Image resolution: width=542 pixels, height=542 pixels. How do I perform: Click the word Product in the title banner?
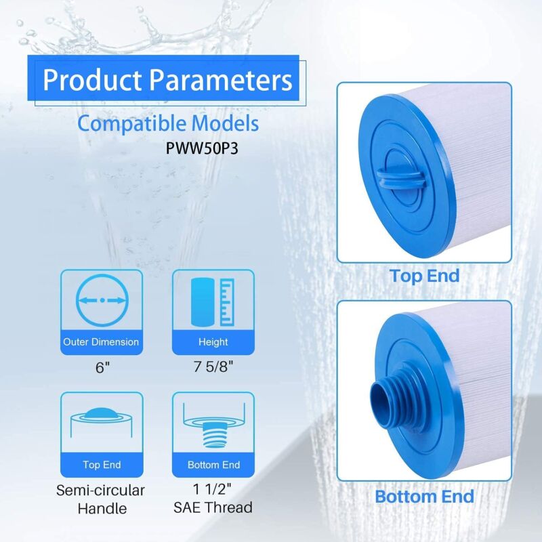pyautogui.click(x=92, y=80)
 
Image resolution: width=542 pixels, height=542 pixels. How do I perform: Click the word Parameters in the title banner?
pyautogui.click(x=221, y=80)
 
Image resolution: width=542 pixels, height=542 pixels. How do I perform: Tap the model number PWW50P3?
pyautogui.click(x=202, y=148)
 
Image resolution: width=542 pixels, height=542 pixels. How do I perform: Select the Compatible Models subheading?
pyautogui.click(x=167, y=124)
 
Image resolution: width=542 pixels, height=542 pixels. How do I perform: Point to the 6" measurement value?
pyautogui.click(x=102, y=367)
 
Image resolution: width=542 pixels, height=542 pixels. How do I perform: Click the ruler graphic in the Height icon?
pyautogui.click(x=227, y=302)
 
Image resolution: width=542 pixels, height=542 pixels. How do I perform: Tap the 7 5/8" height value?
pyautogui.click(x=213, y=367)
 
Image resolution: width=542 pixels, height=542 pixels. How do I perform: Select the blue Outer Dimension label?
pyautogui.click(x=101, y=342)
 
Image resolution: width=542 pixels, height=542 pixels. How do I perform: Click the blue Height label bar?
pyautogui.click(x=213, y=342)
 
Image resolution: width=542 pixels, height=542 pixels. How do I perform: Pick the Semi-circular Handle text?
pyautogui.click(x=100, y=499)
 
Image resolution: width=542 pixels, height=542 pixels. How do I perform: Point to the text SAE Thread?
pyautogui.click(x=213, y=507)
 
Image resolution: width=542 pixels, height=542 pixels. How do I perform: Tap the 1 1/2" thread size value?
pyautogui.click(x=212, y=489)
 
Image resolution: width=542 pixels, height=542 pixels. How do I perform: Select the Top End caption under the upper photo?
pyautogui.click(x=425, y=276)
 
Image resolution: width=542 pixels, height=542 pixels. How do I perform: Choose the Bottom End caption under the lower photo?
pyautogui.click(x=425, y=497)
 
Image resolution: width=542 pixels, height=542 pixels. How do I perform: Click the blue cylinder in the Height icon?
pyautogui.click(x=203, y=302)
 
